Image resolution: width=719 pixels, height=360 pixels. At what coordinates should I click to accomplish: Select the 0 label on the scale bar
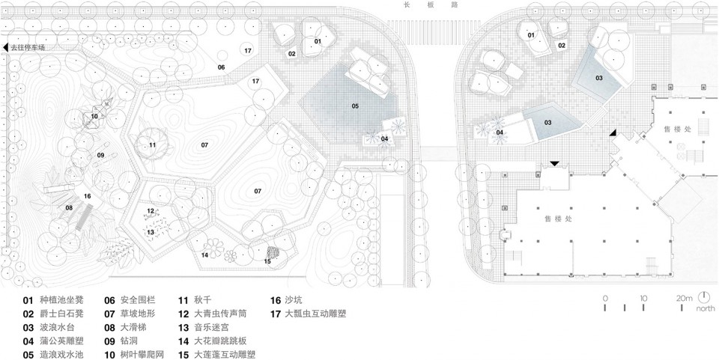click(x=604, y=298)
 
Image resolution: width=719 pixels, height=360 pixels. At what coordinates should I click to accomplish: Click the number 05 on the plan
click(x=355, y=106)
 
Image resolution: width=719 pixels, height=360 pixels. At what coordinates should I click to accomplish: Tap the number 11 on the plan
click(x=152, y=144)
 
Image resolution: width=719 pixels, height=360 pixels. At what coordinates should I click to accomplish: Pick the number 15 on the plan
click(x=267, y=260)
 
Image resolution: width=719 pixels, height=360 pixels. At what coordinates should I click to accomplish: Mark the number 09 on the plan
click(x=100, y=154)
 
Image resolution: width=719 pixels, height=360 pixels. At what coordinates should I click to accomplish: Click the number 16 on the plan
click(x=88, y=196)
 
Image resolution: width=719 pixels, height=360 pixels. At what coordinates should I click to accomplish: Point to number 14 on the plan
click(x=204, y=255)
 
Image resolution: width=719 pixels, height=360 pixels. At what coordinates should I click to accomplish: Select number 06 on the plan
click(x=222, y=67)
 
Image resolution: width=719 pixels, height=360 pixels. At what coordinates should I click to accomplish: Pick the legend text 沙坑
click(x=294, y=299)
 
